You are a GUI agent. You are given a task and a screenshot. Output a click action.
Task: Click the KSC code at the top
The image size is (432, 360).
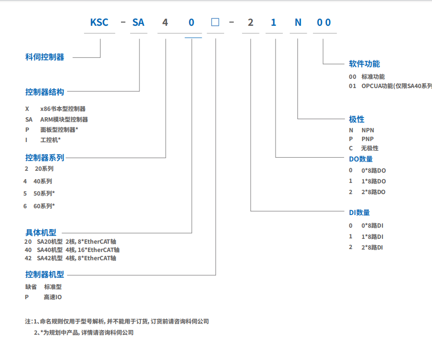[x=99, y=22]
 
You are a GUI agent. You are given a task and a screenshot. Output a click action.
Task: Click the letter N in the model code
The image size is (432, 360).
[x=298, y=22]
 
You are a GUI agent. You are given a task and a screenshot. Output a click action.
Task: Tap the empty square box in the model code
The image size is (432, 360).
[x=215, y=22]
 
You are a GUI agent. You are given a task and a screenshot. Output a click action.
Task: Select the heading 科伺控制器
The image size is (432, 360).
[x=45, y=57]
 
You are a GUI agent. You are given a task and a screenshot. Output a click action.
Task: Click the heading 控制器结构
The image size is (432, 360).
[x=45, y=91]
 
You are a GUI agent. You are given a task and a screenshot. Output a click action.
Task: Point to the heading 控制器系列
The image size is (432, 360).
[x=45, y=158]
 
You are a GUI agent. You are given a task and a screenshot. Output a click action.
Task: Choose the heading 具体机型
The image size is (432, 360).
[x=41, y=233]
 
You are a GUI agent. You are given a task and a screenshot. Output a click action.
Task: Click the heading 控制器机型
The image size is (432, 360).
[x=45, y=274]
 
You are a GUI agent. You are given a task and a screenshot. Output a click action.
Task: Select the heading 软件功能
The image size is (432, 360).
[x=364, y=64]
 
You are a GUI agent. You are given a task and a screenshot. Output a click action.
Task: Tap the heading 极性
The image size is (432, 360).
[x=357, y=119]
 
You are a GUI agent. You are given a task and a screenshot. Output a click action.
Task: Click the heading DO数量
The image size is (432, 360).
[x=361, y=159]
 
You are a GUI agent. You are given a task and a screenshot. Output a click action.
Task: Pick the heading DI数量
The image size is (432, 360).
[x=360, y=213]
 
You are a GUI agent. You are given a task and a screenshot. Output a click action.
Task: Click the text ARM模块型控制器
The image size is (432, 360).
[x=64, y=119]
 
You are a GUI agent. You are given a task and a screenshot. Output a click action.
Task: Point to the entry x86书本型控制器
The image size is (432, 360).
[x=63, y=109]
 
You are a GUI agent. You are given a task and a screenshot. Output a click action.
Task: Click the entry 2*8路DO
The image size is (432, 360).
[x=373, y=192]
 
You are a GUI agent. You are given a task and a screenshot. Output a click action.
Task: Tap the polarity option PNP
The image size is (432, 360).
[x=368, y=139]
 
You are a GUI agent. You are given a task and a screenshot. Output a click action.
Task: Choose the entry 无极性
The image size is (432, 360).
[x=370, y=148]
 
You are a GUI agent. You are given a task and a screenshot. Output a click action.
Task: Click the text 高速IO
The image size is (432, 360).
[x=53, y=297]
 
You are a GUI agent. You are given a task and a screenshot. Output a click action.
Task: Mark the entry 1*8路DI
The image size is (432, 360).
[x=372, y=237]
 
